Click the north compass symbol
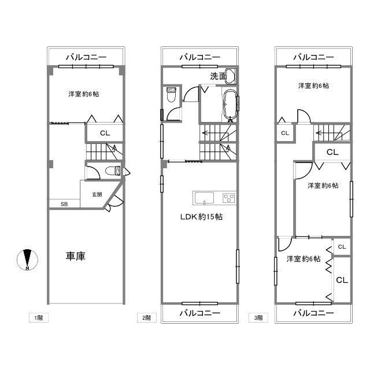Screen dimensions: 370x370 (x=27, y=260)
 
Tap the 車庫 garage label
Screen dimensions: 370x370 (x=76, y=256)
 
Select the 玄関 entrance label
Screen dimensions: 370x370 (x=97, y=194)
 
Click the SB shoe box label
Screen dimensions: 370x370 (x=64, y=204)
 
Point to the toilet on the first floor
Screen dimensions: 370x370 (x=113, y=171)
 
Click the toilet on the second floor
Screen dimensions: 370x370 (x=171, y=94)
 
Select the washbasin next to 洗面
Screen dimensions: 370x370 (x=231, y=76)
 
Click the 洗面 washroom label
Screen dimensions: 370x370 (x=219, y=76)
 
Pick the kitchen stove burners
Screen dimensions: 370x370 (x=229, y=198)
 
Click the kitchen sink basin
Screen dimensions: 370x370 (x=204, y=198)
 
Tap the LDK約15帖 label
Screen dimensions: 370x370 (x=201, y=217)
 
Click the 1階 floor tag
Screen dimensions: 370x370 (x=39, y=317)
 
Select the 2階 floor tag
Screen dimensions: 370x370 (x=146, y=317)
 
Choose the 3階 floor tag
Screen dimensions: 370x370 (x=258, y=317)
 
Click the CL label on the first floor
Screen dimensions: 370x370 (x=105, y=133)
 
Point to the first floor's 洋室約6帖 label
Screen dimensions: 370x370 (x=84, y=94)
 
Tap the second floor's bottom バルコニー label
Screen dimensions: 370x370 (x=200, y=313)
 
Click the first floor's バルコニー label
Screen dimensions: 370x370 (x=86, y=57)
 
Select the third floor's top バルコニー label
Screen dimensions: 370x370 (x=313, y=57)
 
